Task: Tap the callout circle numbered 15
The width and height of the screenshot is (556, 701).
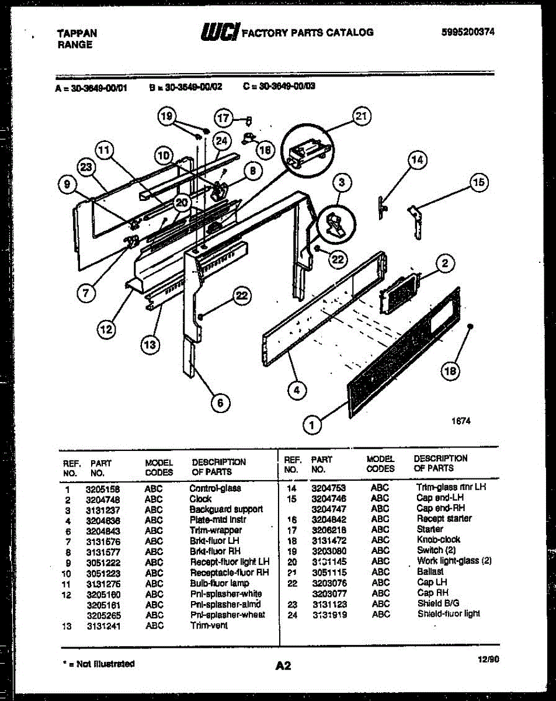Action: [x=478, y=183]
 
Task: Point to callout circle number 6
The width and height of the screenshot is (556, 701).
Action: [x=220, y=402]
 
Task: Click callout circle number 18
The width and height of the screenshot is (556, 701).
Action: [x=450, y=370]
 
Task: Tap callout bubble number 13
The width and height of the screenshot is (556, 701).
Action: [x=150, y=345]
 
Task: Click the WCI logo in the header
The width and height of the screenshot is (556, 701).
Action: [x=220, y=32]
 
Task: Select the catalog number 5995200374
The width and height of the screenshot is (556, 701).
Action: [x=472, y=32]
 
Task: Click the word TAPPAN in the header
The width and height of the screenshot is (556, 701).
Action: [x=77, y=34]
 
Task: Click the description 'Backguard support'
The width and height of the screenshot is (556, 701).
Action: [x=226, y=509]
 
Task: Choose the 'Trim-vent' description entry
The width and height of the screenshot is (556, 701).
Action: [x=208, y=626]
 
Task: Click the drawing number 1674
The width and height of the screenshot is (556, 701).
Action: [x=461, y=420]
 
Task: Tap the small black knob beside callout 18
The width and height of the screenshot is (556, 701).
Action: [x=471, y=327]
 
